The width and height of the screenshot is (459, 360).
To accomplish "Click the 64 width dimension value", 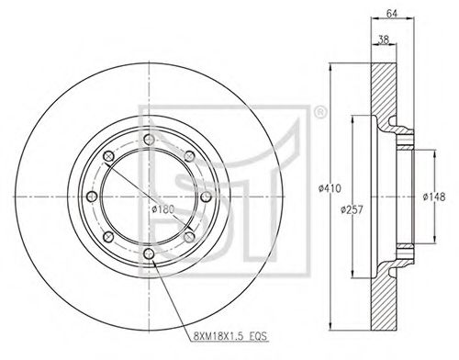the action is coord(392,14).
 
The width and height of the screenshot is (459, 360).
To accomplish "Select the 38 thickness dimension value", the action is coord(384,39).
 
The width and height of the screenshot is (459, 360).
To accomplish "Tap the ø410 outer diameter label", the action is coord(330,188).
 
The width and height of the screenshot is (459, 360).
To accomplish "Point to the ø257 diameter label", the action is coord(352,209).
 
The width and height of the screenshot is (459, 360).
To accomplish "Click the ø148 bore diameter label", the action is coord(434,197).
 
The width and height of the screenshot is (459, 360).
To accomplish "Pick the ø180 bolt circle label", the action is coord(163,209).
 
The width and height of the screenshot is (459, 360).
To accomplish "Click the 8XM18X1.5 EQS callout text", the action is coord(230,336).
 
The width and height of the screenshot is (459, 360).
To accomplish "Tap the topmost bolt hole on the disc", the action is coord(149,140).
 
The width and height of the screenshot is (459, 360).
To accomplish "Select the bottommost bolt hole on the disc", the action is coord(149,253).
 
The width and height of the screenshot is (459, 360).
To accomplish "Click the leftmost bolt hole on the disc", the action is coord(92,197).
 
